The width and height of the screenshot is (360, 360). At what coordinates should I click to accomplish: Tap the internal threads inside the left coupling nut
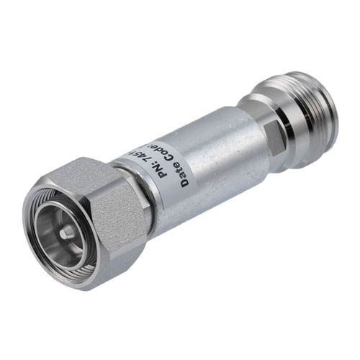click(50, 216)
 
